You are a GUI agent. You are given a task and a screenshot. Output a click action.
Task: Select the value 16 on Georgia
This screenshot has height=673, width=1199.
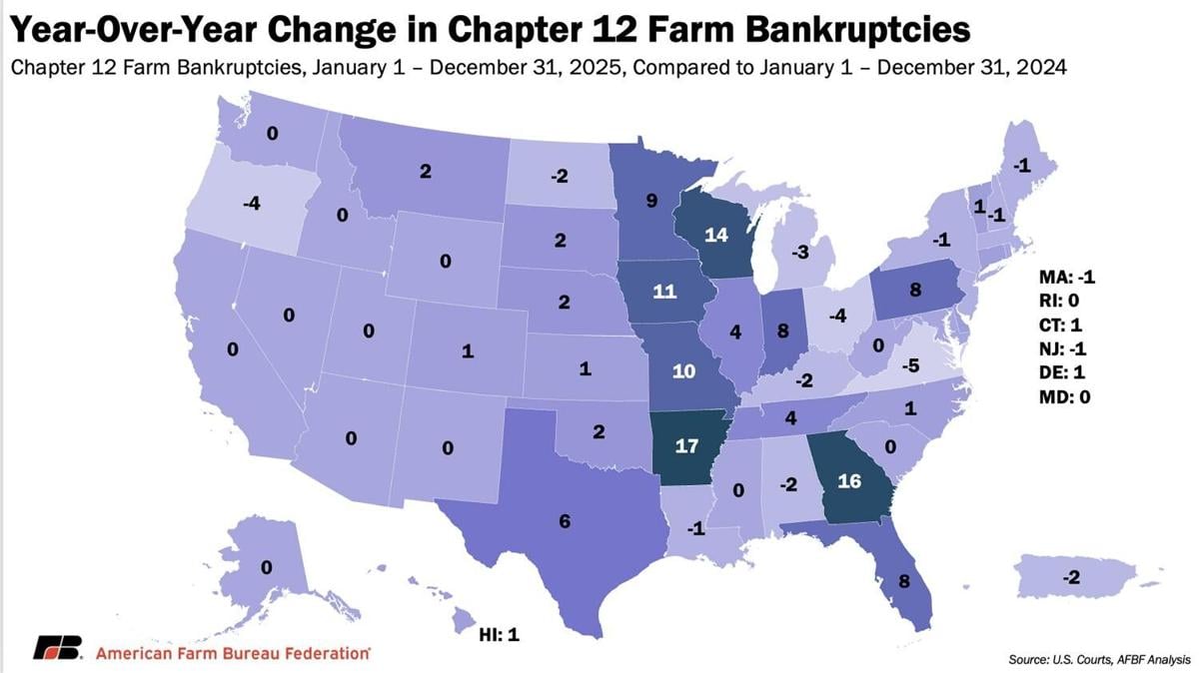click(x=849, y=479)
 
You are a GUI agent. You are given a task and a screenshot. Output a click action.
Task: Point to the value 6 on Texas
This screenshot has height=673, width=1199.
click(x=565, y=522)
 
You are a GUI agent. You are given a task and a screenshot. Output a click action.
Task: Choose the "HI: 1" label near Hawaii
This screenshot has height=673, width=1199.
click(x=500, y=634)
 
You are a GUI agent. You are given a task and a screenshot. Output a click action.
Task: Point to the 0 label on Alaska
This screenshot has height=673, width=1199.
click(x=266, y=567)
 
